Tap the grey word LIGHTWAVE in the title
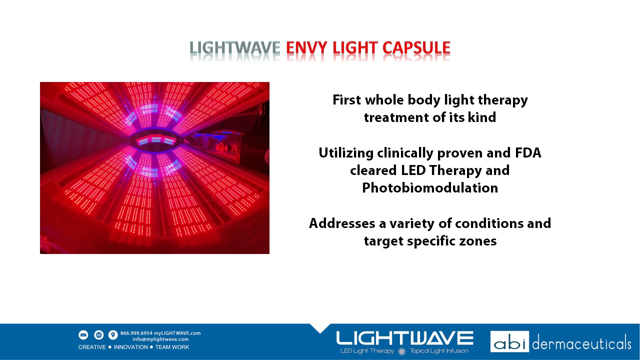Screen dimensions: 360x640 (235, 48)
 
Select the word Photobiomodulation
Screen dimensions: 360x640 (430, 188)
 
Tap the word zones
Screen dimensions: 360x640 (479, 241)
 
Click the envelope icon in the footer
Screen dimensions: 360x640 (83, 335)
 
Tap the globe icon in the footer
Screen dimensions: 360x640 (98, 335)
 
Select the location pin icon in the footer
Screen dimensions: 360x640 (113, 335)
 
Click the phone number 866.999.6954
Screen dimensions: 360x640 (136, 333)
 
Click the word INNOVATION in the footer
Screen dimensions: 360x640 (131, 347)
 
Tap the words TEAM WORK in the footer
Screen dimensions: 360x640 (172, 347)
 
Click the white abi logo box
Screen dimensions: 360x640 (509, 341)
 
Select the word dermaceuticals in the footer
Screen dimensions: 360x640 (581, 343)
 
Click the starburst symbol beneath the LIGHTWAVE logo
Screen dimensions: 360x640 (402, 351)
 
